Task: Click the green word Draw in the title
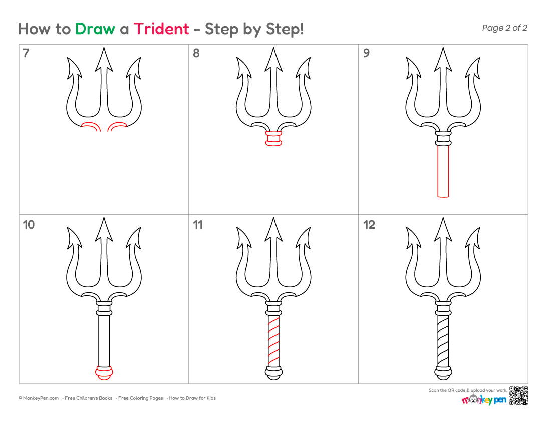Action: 95,29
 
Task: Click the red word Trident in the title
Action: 161,29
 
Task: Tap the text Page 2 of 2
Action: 504,28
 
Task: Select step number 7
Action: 26,53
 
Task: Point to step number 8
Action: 196,53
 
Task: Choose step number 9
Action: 366,53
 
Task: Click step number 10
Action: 29,225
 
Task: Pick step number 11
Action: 198,225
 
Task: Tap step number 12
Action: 369,225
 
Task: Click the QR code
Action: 518,396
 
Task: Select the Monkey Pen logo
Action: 484,399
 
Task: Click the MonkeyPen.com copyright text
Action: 39,398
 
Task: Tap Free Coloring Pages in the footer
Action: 141,398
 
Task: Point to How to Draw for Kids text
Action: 192,398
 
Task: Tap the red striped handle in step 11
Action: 273,341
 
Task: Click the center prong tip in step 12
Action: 443,218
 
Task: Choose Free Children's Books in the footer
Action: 88,398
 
